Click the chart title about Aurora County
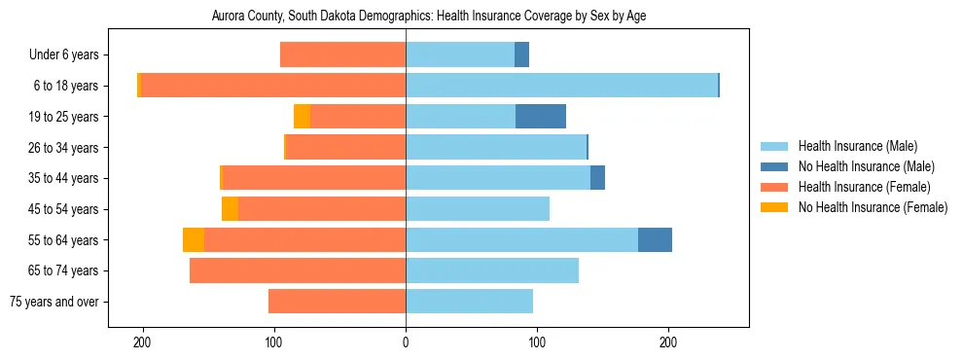[x=428, y=16]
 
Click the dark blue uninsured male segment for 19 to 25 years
[x=541, y=117]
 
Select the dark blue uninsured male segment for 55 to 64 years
[x=655, y=239]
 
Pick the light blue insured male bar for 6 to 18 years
[x=561, y=86]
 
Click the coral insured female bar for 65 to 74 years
[x=298, y=270]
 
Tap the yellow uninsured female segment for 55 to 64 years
[x=194, y=239]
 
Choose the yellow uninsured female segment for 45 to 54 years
[x=230, y=209]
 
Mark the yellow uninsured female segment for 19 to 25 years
[x=302, y=117]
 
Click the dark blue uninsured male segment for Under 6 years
[x=521, y=55]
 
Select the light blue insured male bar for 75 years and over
[x=469, y=302]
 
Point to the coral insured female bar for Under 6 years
[x=342, y=55]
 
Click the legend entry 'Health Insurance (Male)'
[x=857, y=146]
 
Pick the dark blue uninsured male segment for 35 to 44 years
[x=597, y=178]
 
